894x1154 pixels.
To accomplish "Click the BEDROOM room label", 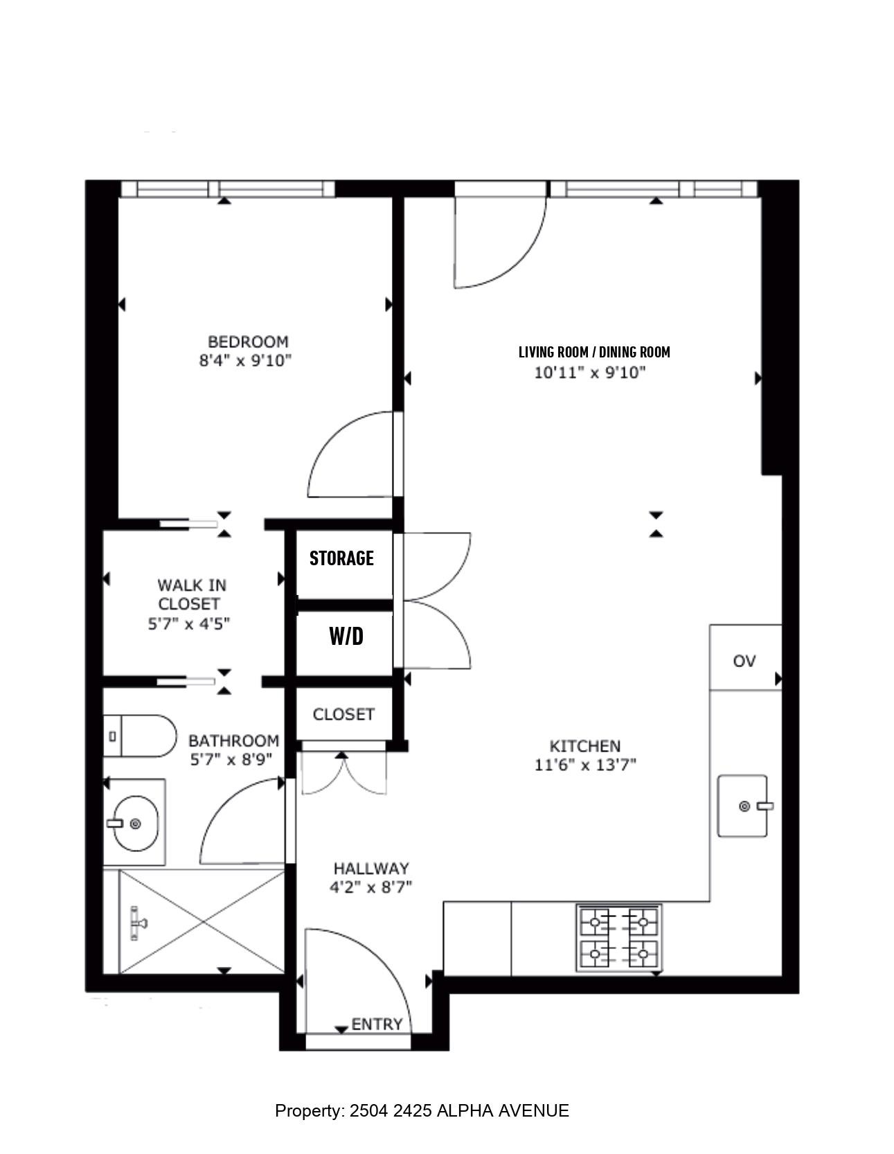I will click(248, 341).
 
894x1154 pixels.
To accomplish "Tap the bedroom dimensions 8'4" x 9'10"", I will click(245, 360).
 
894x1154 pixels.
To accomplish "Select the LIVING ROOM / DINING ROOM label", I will click(594, 352).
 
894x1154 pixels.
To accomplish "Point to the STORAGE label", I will click(341, 558).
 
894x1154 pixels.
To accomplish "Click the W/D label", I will click(346, 636).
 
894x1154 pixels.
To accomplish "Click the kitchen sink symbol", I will click(743, 806).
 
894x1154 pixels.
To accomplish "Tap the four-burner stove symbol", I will click(619, 939).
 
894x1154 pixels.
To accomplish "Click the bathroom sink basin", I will click(136, 823).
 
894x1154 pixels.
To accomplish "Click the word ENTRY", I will click(377, 1024).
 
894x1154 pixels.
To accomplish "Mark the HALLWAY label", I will click(371, 869).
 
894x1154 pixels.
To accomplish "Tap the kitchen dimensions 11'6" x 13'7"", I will click(585, 765).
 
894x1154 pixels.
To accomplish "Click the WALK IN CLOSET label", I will click(189, 594).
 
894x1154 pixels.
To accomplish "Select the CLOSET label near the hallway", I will click(343, 714).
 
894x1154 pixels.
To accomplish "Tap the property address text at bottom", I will click(422, 1111).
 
